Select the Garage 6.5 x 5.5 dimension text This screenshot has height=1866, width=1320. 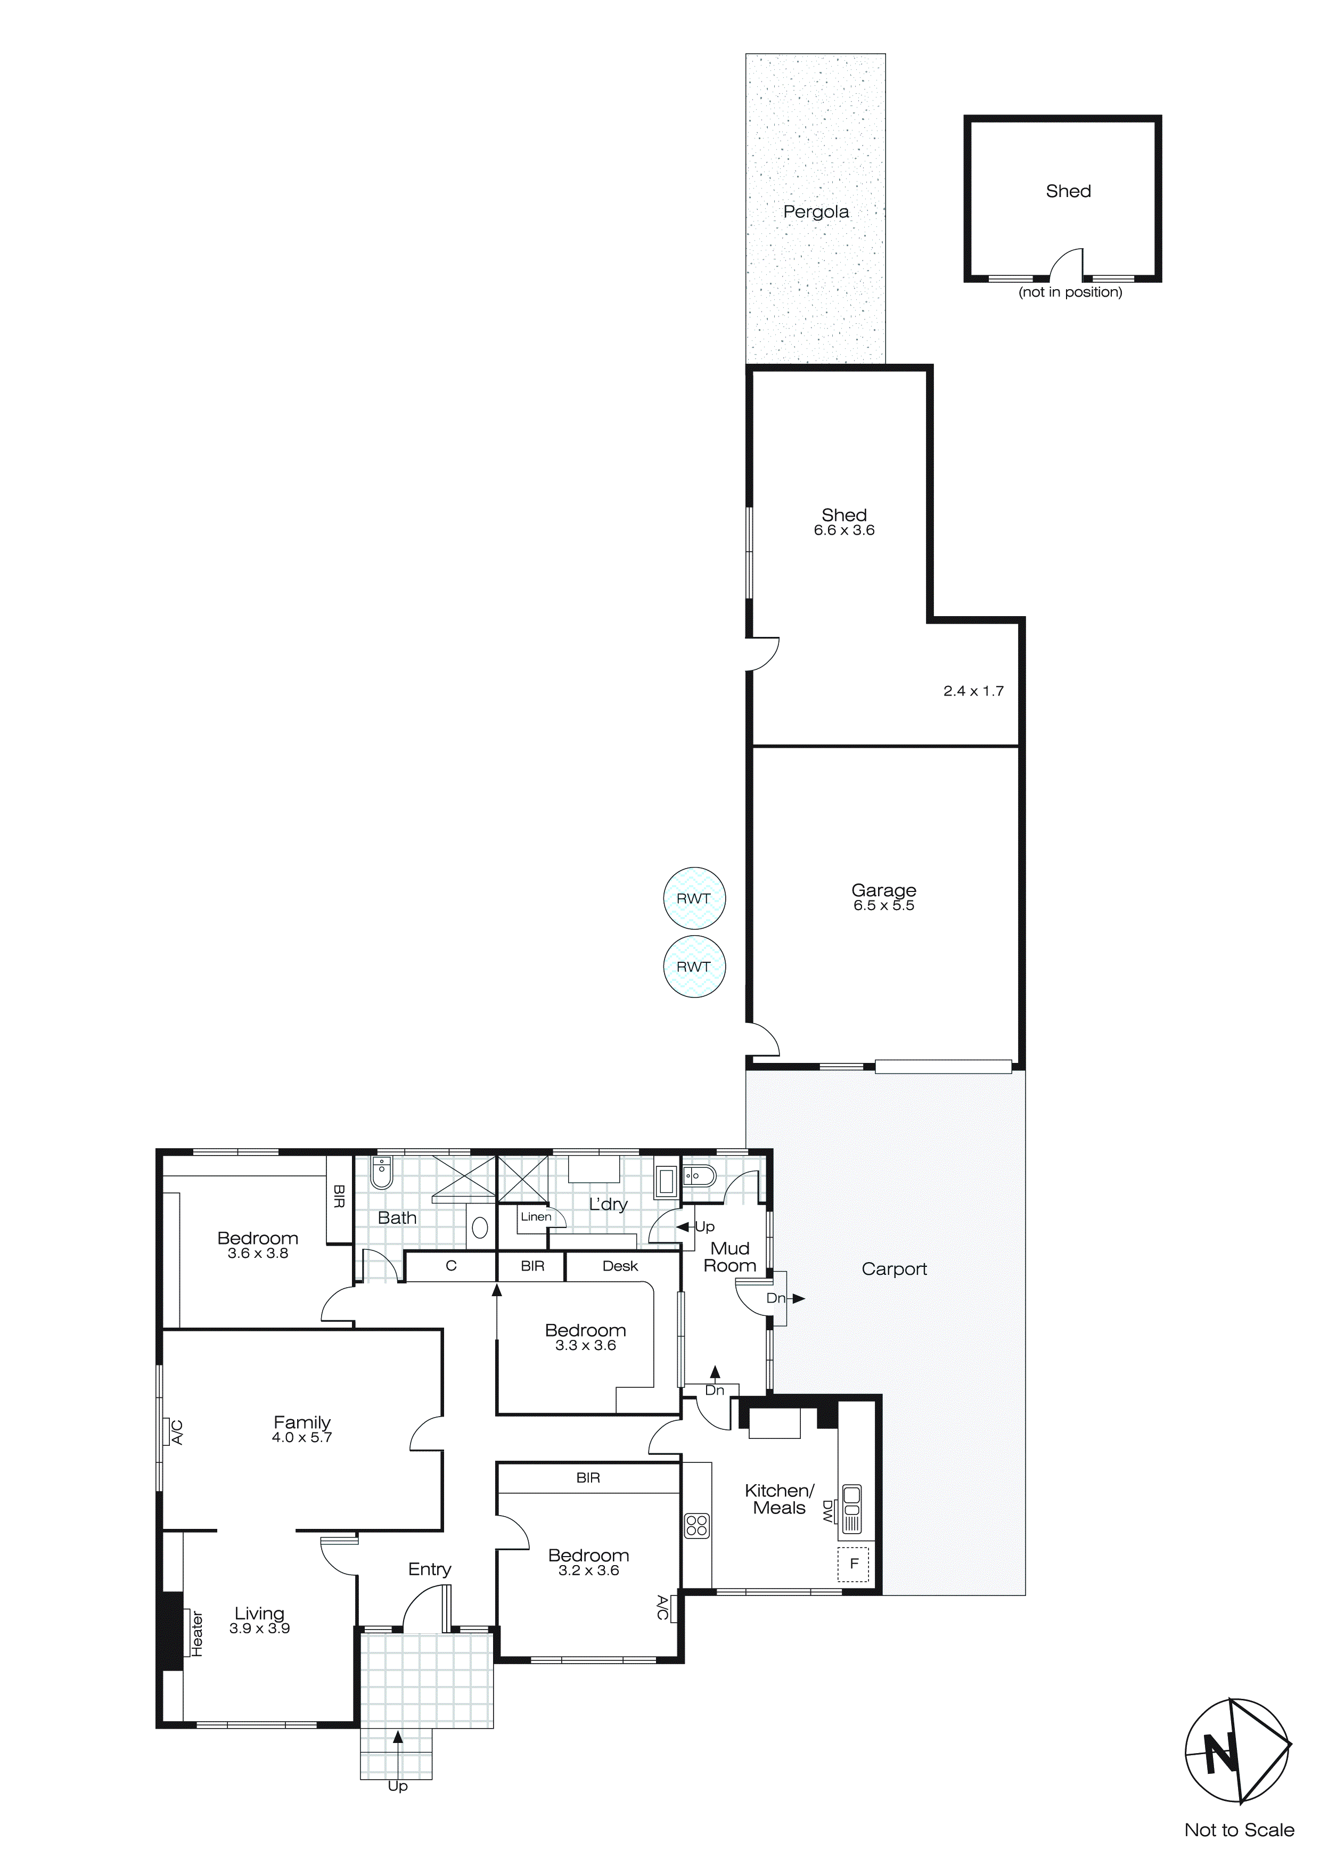[x=883, y=906]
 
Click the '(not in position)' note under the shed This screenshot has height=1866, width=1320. [x=1070, y=292]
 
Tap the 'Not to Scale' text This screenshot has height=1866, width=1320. [x=1239, y=1830]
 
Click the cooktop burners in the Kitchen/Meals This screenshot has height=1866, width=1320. [x=696, y=1526]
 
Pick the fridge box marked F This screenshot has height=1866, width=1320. [x=854, y=1563]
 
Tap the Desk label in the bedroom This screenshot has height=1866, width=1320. [x=620, y=1266]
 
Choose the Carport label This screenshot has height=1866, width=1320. [x=894, y=1270]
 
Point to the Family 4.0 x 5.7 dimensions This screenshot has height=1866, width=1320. [x=301, y=1438]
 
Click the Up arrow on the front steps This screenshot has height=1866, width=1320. [x=397, y=1738]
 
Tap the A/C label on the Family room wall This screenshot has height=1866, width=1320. [x=177, y=1433]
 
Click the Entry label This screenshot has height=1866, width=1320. [x=429, y=1569]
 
